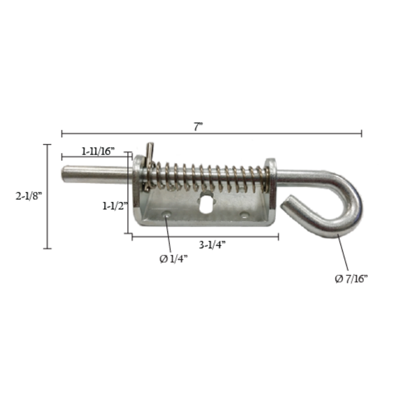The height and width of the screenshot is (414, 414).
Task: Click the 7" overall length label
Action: click(198, 127)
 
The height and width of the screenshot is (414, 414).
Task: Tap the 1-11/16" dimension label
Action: click(98, 151)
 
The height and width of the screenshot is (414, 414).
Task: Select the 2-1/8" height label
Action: click(29, 196)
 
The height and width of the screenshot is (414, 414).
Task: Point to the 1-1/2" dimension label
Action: click(114, 206)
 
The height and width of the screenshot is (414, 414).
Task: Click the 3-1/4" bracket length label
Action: click(213, 245)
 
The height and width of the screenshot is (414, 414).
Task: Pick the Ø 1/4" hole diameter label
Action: click(174, 259)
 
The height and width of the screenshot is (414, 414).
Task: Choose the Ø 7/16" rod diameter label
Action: click(351, 279)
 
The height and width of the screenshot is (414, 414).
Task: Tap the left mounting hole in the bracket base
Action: click(166, 213)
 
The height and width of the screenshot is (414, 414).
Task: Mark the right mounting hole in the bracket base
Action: click(245, 214)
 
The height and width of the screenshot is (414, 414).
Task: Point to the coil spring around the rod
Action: click(207, 177)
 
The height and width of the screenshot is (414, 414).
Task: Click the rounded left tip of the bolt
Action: click(64, 174)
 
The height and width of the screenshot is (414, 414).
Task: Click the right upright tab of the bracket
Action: click(271, 185)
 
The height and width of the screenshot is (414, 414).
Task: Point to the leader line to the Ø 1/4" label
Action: click(169, 235)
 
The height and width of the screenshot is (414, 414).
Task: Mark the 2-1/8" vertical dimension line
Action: click(47, 196)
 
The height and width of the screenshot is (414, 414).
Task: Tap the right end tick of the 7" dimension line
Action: click(361, 133)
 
